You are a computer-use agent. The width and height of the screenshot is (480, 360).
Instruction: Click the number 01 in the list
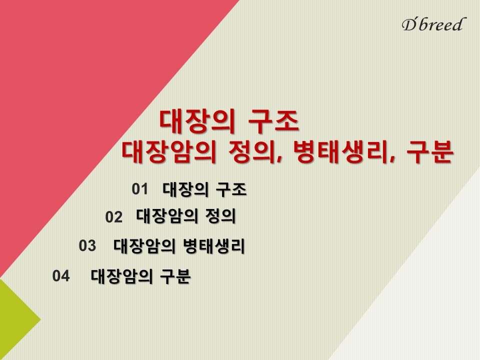click(140, 189)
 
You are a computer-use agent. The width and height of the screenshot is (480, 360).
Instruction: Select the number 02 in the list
click(113, 217)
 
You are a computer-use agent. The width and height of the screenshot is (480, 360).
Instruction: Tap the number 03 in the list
click(87, 245)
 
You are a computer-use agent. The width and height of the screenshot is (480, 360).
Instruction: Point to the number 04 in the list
click(61, 275)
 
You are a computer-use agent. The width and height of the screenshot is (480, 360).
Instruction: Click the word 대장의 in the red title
click(197, 121)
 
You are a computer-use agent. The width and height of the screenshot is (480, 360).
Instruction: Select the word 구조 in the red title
click(273, 121)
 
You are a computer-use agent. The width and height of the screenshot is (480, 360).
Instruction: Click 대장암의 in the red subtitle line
click(169, 152)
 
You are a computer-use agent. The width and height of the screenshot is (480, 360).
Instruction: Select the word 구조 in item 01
click(231, 189)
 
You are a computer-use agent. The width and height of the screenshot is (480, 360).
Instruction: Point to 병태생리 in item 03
click(213, 246)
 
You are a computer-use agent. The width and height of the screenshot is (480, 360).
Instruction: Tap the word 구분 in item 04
click(175, 276)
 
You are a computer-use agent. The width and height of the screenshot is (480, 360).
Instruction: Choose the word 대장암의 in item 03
click(144, 246)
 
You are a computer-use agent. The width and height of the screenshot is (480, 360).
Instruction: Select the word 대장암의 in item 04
click(121, 276)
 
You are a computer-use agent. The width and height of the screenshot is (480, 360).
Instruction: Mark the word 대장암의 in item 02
click(167, 216)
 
